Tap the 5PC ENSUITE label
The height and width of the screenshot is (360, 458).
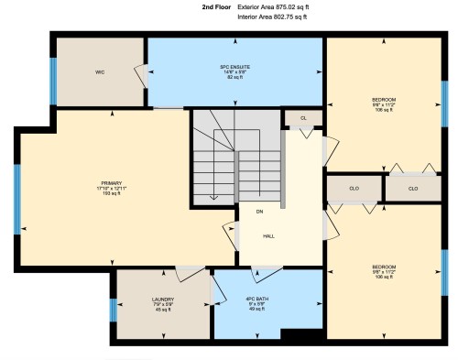(235, 67)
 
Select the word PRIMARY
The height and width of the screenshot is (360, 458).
(112, 183)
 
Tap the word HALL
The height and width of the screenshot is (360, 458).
(269, 236)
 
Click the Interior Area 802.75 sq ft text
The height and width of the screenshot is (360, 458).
(273, 17)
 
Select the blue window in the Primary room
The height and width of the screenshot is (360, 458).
(16, 199)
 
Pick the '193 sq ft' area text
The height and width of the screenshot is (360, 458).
(112, 195)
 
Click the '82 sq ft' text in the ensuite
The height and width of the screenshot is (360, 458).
(235, 78)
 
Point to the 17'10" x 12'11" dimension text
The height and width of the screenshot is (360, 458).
(112, 189)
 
